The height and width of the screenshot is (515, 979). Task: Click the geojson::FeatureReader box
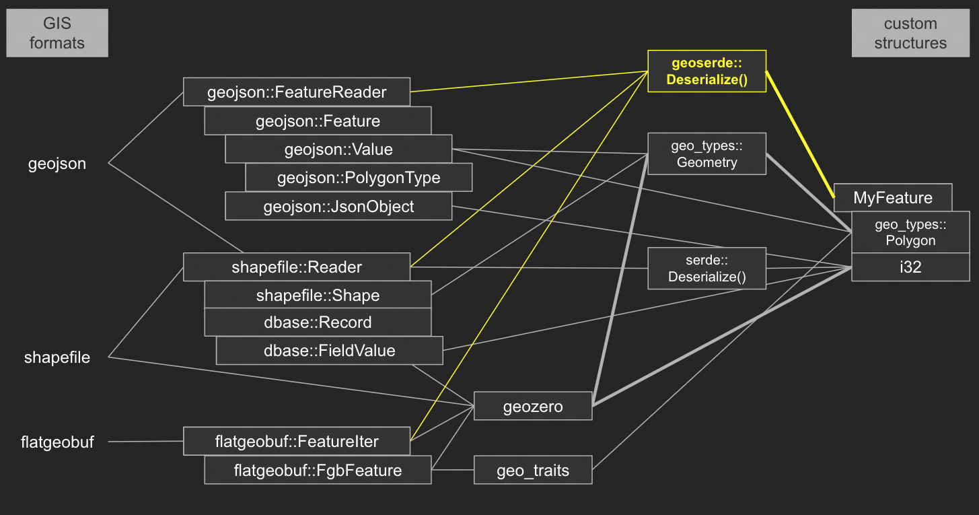(x=297, y=92)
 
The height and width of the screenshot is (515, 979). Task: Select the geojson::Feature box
(x=318, y=121)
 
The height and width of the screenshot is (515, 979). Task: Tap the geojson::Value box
(x=338, y=149)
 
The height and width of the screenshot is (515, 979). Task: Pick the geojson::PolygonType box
(x=359, y=178)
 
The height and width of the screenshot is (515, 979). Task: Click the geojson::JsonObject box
(x=338, y=207)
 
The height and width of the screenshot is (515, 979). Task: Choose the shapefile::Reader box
(x=297, y=267)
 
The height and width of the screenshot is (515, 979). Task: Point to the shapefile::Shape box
(x=318, y=296)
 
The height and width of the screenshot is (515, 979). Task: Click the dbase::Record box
(x=318, y=322)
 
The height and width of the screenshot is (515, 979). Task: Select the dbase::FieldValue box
(x=329, y=351)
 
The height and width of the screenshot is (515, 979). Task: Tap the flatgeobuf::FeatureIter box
(x=297, y=442)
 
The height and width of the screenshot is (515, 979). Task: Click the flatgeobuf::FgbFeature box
(x=318, y=470)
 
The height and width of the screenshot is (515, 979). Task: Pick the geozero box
(x=533, y=407)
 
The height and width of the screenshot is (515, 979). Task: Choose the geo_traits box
(x=533, y=471)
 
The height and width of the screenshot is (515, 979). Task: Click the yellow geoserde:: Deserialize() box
(x=706, y=71)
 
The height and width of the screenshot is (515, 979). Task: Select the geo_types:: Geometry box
(x=706, y=154)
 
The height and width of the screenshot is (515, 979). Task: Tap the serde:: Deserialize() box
(x=706, y=269)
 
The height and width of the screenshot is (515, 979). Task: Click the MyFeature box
(x=893, y=198)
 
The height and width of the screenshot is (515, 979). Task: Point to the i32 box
(x=910, y=267)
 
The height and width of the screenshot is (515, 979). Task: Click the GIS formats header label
(x=57, y=33)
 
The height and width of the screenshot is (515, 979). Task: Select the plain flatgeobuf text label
(x=57, y=442)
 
